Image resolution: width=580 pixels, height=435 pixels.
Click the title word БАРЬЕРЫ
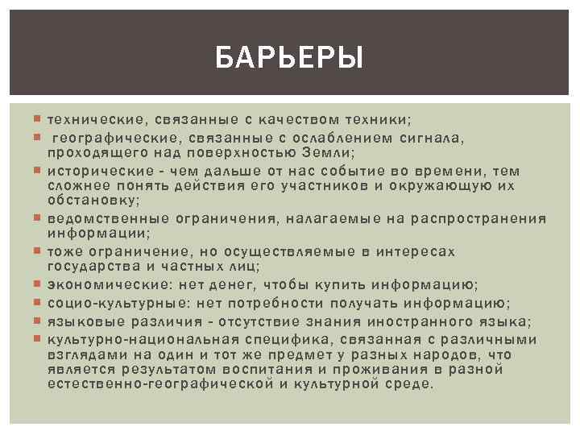pyautogui.click(x=290, y=57)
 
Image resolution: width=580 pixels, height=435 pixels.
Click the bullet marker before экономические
pyautogui.click(x=39, y=284)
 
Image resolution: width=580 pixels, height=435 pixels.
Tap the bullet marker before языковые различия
pyautogui.click(x=39, y=321)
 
